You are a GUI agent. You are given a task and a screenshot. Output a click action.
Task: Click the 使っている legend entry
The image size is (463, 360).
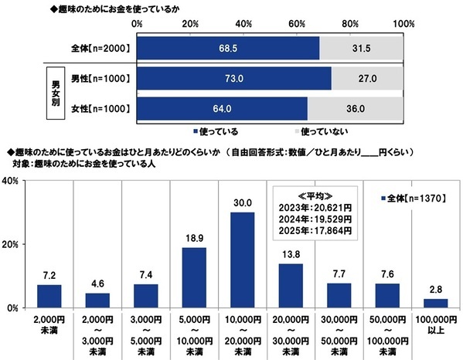click(x=223, y=131)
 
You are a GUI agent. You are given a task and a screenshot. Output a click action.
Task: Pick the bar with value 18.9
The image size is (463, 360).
click(x=194, y=277)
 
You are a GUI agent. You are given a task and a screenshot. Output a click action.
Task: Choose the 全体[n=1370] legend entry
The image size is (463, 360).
click(x=414, y=198)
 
